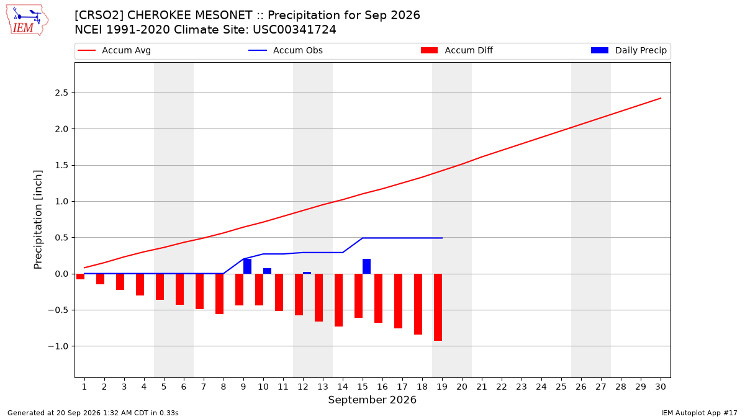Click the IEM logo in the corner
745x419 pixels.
(x=27, y=20)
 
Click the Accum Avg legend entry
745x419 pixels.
(x=114, y=50)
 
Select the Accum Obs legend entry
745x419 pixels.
(x=286, y=50)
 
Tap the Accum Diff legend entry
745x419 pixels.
(x=457, y=50)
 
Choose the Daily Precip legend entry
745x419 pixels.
(x=628, y=50)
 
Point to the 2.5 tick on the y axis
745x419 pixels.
(x=61, y=92)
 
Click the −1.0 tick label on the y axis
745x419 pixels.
(x=58, y=346)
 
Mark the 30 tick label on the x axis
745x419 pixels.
(x=661, y=387)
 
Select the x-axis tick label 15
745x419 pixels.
(x=363, y=387)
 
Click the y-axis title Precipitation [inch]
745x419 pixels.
(x=38, y=220)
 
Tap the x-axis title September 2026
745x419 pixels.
(x=372, y=400)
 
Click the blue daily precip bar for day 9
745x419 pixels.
(x=248, y=266)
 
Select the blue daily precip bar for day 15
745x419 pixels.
(x=366, y=266)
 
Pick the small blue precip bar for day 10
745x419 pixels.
(x=267, y=271)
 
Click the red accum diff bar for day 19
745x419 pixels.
(x=438, y=307)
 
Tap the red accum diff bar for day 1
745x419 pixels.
(x=80, y=277)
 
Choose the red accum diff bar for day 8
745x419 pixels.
(x=220, y=294)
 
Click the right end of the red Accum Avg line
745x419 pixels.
(x=661, y=98)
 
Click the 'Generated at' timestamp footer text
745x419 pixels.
(x=93, y=413)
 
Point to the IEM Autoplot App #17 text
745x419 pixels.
(x=699, y=413)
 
